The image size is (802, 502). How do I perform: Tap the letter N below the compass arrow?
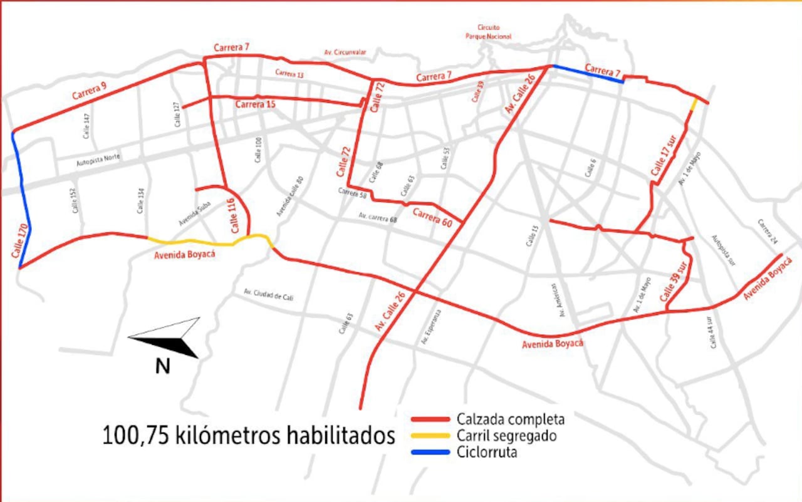(163, 366)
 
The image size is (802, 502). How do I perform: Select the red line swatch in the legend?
(430, 419)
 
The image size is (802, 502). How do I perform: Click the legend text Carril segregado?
(507, 436)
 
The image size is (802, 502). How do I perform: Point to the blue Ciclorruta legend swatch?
(430, 452)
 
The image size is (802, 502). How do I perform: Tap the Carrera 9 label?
(89, 91)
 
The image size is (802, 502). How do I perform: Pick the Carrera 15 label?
(255, 105)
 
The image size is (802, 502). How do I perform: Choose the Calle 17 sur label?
(665, 157)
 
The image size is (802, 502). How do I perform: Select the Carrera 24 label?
(767, 232)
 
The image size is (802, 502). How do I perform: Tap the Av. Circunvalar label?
(345, 52)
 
